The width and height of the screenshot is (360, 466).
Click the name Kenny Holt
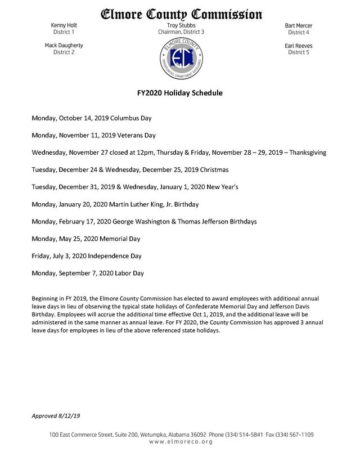coord(64,26)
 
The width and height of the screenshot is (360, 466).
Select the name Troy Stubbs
coord(181,26)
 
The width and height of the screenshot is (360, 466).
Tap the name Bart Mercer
coord(299,26)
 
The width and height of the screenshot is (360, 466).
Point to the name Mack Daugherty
coord(64,46)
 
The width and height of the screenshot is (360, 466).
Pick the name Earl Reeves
coord(299,46)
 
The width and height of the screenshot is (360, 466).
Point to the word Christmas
coord(211,170)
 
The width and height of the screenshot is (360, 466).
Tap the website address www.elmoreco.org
coord(180,443)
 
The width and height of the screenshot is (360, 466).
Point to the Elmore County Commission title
coord(181,13)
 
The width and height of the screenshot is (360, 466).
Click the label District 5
coord(299,52)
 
